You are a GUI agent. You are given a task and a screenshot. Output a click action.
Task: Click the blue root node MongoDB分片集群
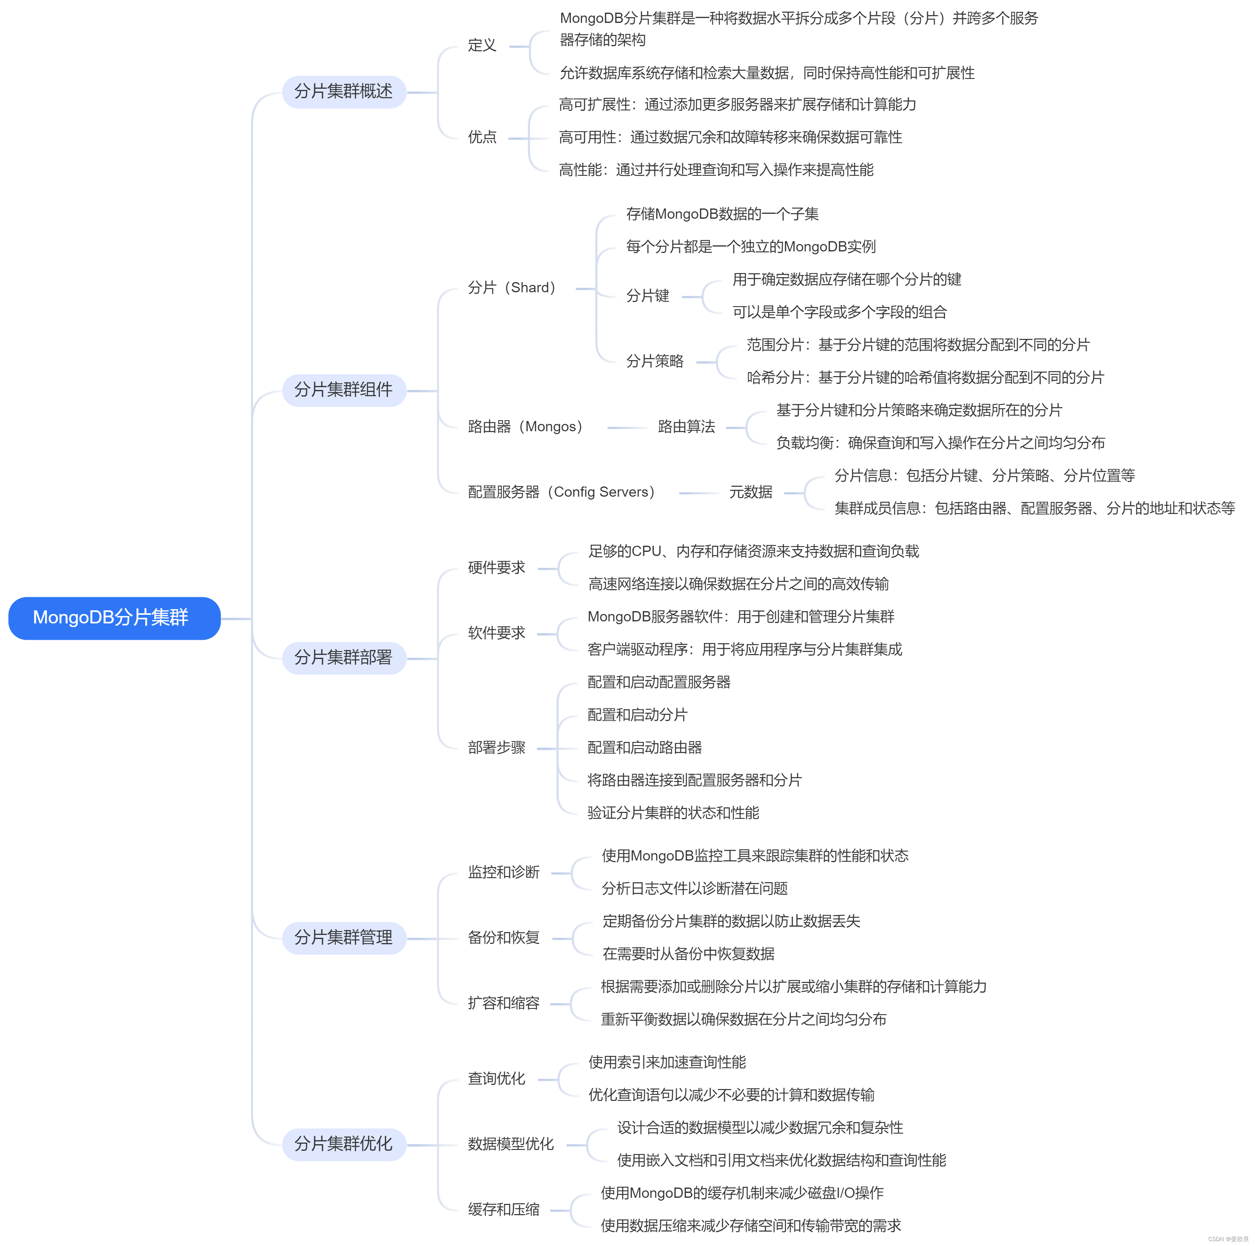click(114, 618)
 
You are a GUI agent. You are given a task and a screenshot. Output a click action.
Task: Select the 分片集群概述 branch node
click(344, 92)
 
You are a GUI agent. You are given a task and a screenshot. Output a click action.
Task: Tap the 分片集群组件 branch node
click(344, 390)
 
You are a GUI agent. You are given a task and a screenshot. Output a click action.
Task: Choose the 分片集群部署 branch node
click(344, 657)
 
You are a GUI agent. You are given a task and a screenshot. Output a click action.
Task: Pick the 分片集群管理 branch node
click(344, 937)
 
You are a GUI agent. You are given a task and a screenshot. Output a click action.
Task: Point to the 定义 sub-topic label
click(482, 45)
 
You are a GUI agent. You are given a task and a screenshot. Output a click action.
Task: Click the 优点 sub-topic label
click(482, 137)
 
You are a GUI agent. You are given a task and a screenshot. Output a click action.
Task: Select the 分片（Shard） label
click(512, 288)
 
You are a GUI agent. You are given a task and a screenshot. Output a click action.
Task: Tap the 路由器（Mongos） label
click(526, 427)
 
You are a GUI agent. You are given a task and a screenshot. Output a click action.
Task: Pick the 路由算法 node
click(687, 427)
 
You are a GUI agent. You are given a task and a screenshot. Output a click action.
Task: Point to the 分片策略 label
click(655, 361)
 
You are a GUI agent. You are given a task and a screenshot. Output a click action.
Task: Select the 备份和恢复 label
click(504, 937)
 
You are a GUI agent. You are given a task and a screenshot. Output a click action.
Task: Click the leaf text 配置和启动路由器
click(644, 748)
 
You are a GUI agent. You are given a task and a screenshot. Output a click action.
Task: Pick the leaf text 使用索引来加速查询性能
click(667, 1062)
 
